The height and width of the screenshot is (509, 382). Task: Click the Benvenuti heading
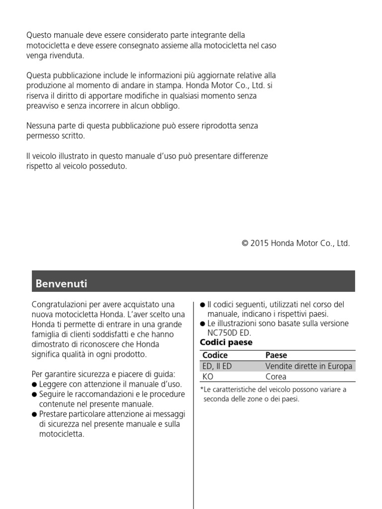pos(61,284)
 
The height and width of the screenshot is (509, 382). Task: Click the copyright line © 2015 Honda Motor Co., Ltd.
pos(295,244)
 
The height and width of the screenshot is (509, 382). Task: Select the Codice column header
pos(215,355)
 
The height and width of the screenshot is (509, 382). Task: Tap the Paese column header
pos(276,355)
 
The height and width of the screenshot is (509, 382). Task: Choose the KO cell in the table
pos(208,376)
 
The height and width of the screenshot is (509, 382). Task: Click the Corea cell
pos(276,376)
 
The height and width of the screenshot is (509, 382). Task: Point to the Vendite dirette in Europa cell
pos(309,366)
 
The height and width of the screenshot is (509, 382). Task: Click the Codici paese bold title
pos(226,342)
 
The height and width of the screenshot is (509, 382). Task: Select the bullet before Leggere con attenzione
pos(34,384)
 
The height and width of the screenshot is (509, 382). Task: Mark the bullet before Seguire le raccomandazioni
pos(34,394)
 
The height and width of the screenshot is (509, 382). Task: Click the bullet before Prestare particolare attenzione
pos(34,414)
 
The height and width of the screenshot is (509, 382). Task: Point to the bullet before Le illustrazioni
pos(202,324)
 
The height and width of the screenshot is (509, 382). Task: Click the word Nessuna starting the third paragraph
pos(42,126)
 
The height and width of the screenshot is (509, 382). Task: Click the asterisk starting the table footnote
pos(201,390)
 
